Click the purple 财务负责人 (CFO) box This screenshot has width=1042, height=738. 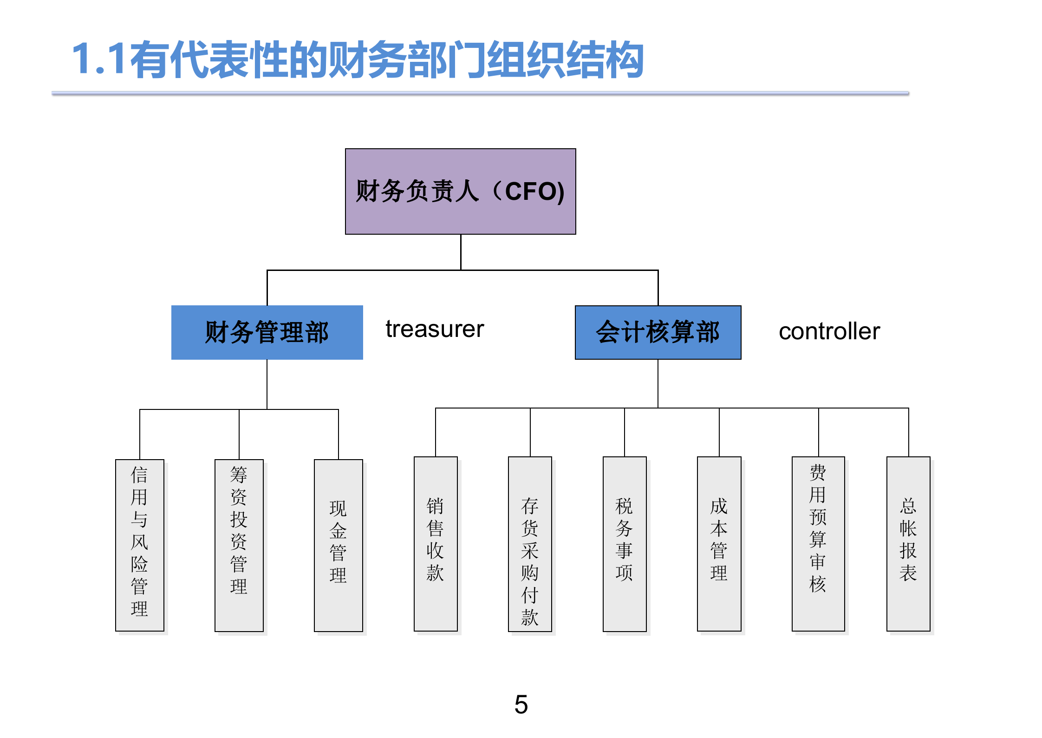[460, 191]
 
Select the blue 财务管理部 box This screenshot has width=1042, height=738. [267, 332]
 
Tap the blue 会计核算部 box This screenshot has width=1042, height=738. [658, 332]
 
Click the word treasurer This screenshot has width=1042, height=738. [435, 329]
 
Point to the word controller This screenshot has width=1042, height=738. [829, 331]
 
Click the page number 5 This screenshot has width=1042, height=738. [521, 705]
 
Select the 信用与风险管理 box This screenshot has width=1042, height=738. [139, 545]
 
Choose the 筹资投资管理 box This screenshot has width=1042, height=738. [239, 545]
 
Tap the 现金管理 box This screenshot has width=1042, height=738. [338, 545]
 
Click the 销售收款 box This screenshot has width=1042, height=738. [435, 544]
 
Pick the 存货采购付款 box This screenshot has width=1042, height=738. [530, 544]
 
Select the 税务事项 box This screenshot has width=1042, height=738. [624, 544]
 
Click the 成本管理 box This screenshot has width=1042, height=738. [719, 544]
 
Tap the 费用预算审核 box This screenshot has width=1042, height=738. [818, 544]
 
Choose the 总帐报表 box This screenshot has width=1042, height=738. [908, 544]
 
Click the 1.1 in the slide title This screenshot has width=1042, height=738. [98, 59]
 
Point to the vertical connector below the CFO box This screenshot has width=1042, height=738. [461, 252]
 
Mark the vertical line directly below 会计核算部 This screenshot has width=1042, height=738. [658, 383]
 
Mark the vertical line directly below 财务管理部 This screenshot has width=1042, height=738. [267, 384]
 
